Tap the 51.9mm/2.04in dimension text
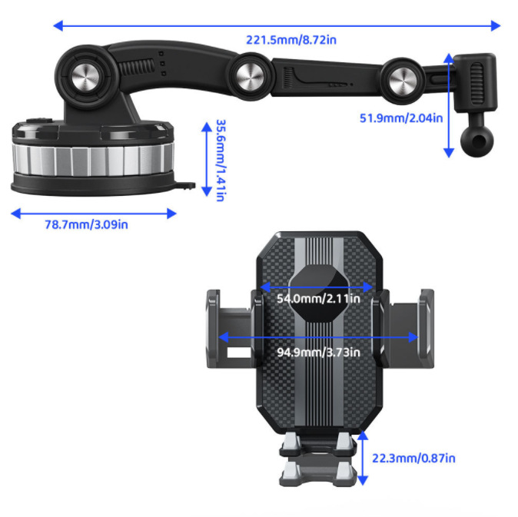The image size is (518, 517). click(x=401, y=118)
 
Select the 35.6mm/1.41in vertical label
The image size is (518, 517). click(x=220, y=160)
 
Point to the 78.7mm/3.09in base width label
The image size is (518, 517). click(x=86, y=224)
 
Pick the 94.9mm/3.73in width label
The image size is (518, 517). click(x=318, y=353)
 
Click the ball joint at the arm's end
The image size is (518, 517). click(x=470, y=136)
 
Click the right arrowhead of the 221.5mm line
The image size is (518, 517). click(x=496, y=25)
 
